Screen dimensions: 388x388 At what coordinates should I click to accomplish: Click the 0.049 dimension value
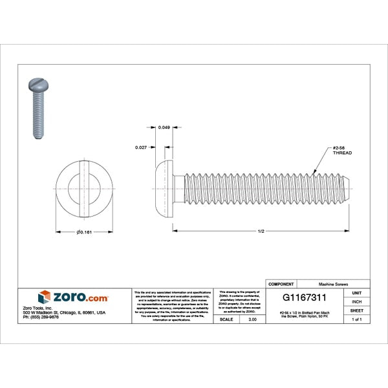pos(165,127)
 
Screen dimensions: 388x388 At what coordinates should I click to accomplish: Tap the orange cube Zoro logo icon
pos(44,297)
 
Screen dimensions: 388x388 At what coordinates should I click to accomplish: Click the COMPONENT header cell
pos(281,284)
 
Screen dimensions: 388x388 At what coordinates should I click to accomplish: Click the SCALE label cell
pos(226,319)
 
